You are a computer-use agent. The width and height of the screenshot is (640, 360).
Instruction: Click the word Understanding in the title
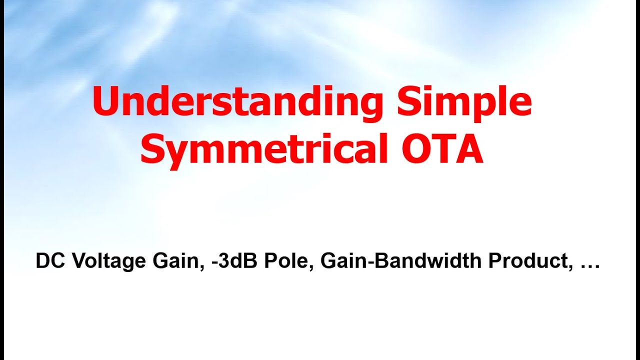click(x=237, y=101)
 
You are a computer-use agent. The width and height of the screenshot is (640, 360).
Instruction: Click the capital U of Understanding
click(x=106, y=101)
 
